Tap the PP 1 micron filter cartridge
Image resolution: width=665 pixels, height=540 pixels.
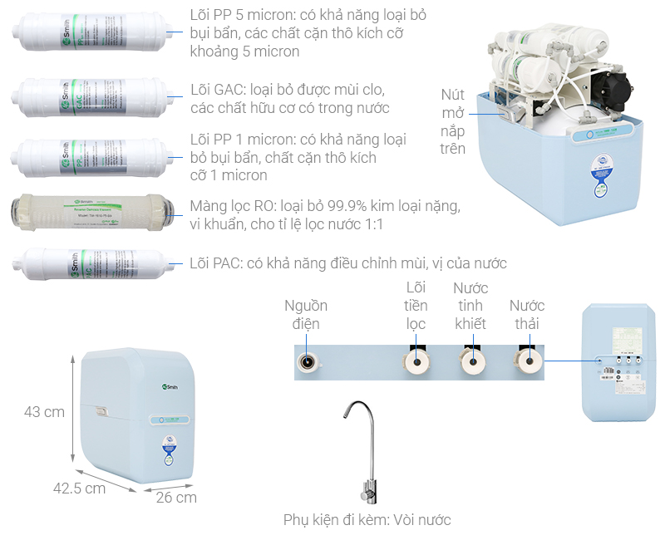[x=88, y=156]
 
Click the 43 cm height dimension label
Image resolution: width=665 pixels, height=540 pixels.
[x=44, y=412]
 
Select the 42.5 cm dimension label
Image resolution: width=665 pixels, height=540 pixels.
[x=80, y=488]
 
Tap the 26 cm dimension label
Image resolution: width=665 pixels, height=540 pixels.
[x=177, y=497]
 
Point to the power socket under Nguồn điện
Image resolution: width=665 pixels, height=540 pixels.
[x=308, y=361]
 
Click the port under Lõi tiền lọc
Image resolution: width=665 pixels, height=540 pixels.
[x=415, y=361]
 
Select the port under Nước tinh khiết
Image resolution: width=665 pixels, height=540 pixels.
[x=471, y=361]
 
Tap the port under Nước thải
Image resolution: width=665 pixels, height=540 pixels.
[x=527, y=361]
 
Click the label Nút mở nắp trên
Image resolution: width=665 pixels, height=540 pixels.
[x=453, y=120]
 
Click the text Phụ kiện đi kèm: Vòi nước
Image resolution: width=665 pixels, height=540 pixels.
[x=367, y=520]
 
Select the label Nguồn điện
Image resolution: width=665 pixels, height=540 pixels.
[x=306, y=314]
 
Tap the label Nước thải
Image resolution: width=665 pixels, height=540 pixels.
[x=527, y=314]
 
